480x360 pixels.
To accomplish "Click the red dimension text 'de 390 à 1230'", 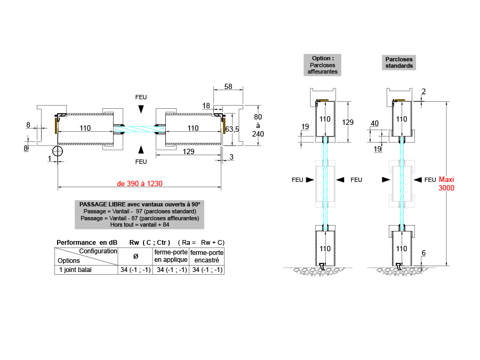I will (x=140, y=183).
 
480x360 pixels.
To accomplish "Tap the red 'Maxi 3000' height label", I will (x=446, y=183).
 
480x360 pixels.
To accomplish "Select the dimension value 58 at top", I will (x=228, y=86).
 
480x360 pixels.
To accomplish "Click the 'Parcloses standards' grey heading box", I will (x=398, y=62).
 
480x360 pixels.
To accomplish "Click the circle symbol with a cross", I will (x=58, y=151).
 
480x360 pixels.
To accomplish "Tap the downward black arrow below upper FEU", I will (x=140, y=109).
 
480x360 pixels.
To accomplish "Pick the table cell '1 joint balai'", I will (x=74, y=270).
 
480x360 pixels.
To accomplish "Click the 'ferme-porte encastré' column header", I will (x=206, y=255).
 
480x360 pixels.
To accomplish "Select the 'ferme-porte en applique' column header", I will (x=171, y=255).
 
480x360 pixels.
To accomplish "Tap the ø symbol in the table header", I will (x=135, y=256).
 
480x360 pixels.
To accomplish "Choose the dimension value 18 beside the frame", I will (x=206, y=106).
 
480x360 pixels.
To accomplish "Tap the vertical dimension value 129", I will (x=347, y=122).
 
